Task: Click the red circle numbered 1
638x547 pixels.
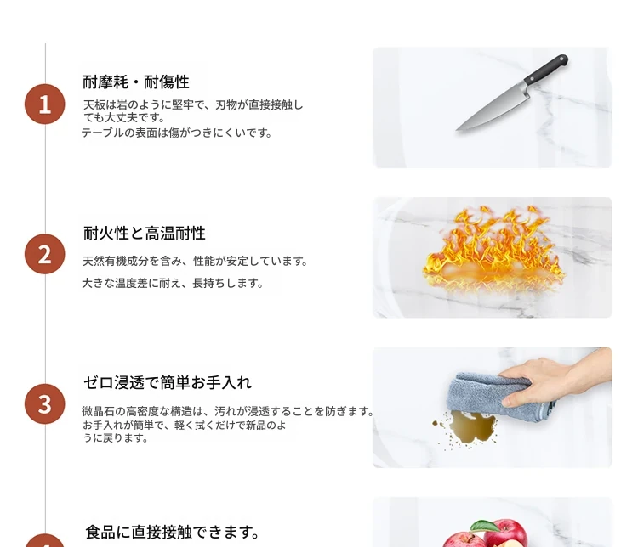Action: pyautogui.click(x=45, y=104)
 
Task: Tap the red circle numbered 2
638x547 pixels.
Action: pyautogui.click(x=45, y=254)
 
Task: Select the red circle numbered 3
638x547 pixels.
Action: pyautogui.click(x=45, y=404)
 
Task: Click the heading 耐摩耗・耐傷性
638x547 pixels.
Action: pyautogui.click(x=136, y=82)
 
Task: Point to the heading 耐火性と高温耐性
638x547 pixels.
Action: pyautogui.click(x=145, y=234)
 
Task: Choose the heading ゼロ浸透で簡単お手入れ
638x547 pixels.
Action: pyautogui.click(x=168, y=383)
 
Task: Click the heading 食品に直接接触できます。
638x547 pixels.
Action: pyautogui.click(x=173, y=532)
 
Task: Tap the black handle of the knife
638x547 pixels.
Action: pyautogui.click(x=546, y=69)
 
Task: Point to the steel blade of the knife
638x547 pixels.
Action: pyautogui.click(x=493, y=107)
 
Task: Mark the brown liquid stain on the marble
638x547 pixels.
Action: pyautogui.click(x=472, y=427)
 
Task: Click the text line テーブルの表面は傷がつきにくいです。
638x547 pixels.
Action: pyautogui.click(x=177, y=133)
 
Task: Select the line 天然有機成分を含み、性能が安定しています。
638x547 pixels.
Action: pyautogui.click(x=195, y=261)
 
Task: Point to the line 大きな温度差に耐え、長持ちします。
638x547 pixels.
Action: pyautogui.click(x=173, y=283)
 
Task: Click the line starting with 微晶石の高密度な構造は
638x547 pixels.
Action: pyautogui.click(x=228, y=411)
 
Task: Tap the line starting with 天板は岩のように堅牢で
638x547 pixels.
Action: pyautogui.click(x=193, y=104)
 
